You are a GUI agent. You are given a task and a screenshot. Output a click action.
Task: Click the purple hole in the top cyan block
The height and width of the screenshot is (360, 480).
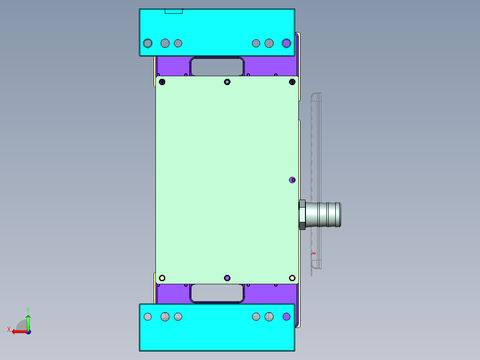[x=286, y=43]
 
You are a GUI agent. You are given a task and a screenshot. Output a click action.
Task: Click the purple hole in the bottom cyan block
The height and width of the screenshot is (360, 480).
[x=286, y=316]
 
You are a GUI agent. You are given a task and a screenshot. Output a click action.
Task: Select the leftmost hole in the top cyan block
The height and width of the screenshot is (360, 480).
[x=147, y=43]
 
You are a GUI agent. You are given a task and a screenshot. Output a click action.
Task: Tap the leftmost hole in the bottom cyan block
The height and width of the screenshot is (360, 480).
[x=148, y=316]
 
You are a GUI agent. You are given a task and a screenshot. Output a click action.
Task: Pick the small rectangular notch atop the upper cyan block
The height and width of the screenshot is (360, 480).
[x=174, y=11]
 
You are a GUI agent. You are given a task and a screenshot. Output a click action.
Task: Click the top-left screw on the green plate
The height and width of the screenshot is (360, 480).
[x=162, y=82]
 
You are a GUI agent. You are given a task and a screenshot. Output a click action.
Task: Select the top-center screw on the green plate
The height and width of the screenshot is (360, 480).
[x=228, y=82]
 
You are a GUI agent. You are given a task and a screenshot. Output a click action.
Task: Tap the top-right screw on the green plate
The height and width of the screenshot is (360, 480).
[x=293, y=81]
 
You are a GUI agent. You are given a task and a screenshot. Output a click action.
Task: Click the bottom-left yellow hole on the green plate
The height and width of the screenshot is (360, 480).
[x=162, y=278]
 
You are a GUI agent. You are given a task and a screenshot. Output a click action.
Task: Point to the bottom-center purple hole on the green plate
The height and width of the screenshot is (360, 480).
[x=228, y=278]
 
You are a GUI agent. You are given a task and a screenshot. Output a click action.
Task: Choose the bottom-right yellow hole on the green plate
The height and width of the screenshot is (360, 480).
[x=292, y=278]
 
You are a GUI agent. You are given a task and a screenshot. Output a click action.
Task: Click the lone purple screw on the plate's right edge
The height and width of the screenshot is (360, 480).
[x=292, y=180]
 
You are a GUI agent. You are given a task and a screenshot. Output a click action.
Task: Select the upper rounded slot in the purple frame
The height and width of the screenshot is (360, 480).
[x=217, y=66]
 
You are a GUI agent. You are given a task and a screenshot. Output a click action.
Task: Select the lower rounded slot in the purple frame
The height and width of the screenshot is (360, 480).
[x=217, y=294]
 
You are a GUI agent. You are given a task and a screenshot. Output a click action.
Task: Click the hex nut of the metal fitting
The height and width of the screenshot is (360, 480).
[x=302, y=215]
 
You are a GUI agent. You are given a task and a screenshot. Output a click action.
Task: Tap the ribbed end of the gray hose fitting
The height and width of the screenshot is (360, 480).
[x=333, y=215]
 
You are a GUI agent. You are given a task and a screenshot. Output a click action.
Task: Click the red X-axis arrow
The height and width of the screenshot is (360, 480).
[x=18, y=331]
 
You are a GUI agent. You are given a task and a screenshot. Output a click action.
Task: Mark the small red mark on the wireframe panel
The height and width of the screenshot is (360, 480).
[x=313, y=254]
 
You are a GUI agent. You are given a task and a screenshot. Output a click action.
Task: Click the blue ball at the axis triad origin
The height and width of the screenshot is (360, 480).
[x=28, y=332]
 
